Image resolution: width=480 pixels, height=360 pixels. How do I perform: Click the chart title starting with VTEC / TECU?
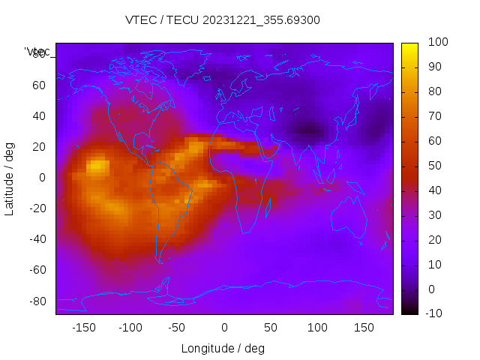(223, 20)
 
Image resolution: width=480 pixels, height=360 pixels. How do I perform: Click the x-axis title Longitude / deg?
(223, 348)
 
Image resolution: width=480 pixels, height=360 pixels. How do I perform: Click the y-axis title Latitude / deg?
(10, 178)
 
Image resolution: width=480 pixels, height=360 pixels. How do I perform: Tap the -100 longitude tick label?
(130, 328)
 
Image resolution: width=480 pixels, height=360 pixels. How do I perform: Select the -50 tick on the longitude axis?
(176, 328)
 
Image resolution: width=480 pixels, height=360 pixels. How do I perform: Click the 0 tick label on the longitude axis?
(223, 328)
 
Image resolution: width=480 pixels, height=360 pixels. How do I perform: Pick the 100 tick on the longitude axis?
(317, 328)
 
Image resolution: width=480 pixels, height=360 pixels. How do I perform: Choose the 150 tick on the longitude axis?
(364, 328)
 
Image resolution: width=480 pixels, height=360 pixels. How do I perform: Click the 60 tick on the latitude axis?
(39, 85)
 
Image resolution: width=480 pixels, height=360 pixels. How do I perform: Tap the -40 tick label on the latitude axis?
(37, 239)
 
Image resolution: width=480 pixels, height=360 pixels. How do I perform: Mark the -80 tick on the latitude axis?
(37, 301)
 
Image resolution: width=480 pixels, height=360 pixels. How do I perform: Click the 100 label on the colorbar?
(438, 43)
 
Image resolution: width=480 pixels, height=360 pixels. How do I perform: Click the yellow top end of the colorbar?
(409, 46)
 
